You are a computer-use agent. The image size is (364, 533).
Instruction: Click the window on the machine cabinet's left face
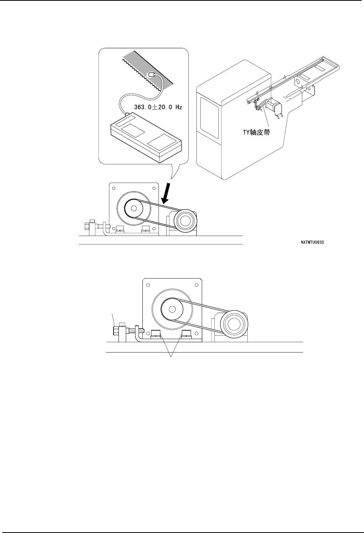pos(209,120)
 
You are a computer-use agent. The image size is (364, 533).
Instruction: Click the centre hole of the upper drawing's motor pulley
pos(133,209)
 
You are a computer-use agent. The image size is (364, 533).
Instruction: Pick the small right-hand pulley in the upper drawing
pos(185,221)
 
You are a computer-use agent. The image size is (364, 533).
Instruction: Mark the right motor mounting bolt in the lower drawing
pos(186,334)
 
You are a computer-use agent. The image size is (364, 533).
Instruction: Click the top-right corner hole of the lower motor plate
pos(196,285)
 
